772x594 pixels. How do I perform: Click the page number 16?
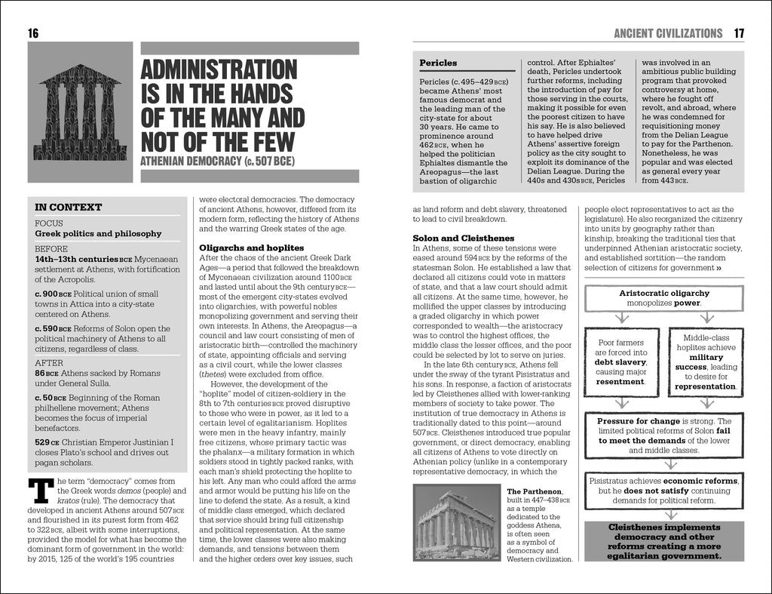pos(32,32)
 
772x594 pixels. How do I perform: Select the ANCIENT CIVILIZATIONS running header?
pos(668,32)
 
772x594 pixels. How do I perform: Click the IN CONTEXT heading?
pos(69,207)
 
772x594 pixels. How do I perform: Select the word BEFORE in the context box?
pos(51,248)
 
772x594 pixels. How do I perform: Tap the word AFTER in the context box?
pos(49,362)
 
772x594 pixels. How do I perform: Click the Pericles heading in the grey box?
pos(438,63)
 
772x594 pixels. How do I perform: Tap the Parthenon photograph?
pos(458,522)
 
